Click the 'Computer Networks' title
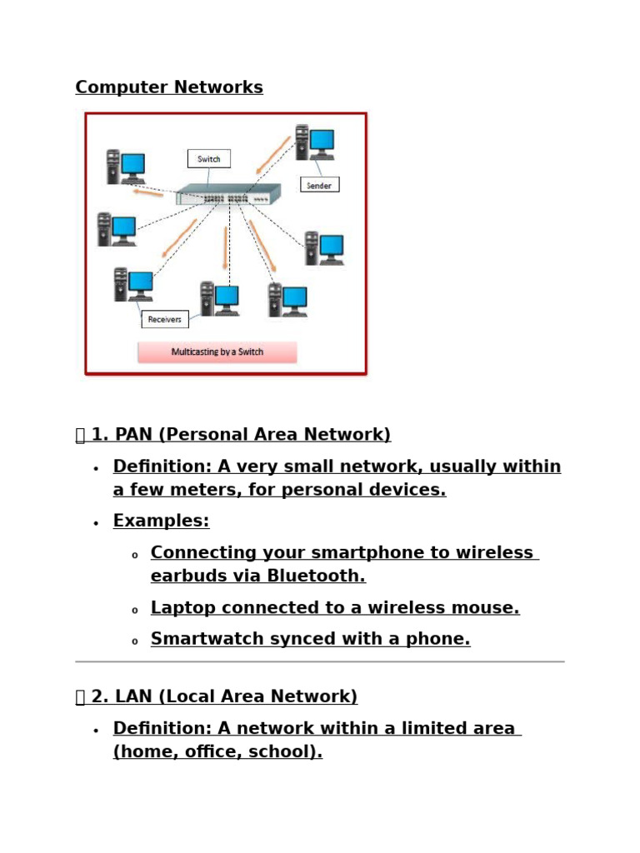[169, 87]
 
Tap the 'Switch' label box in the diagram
[209, 159]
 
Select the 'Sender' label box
[319, 185]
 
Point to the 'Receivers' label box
[165, 319]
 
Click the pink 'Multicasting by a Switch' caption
[217, 352]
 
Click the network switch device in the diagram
[228, 193]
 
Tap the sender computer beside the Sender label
[314, 142]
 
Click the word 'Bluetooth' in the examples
[316, 576]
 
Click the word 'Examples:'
[161, 521]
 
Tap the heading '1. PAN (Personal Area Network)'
[241, 435]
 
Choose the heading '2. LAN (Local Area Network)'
[224, 696]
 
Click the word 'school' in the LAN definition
[285, 751]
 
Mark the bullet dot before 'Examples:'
[96, 523]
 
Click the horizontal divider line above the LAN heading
[320, 662]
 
